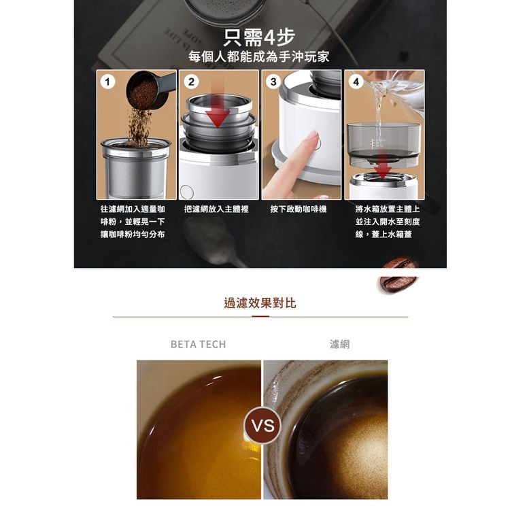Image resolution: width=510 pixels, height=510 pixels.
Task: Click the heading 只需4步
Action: (259, 37)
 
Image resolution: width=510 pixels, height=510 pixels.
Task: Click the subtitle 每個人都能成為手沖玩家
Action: (259, 56)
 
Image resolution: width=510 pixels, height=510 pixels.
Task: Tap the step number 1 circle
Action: (107, 82)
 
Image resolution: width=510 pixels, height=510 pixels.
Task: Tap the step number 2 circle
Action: (191, 82)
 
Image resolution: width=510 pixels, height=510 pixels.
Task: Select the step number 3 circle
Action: (273, 82)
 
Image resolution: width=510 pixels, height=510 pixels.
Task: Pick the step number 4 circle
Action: (356, 82)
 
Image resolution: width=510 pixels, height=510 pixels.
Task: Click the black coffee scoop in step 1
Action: (150, 90)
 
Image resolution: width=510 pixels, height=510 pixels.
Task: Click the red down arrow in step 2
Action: (218, 107)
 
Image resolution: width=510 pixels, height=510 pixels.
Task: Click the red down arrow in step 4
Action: (384, 166)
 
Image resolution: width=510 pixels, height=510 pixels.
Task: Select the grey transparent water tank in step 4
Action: (384, 143)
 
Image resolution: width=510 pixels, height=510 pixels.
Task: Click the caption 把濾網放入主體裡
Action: (216, 209)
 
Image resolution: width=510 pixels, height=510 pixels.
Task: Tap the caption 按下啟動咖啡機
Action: (299, 209)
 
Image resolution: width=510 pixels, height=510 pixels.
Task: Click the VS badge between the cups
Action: (262, 426)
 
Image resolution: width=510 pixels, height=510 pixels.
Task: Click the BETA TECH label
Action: (198, 344)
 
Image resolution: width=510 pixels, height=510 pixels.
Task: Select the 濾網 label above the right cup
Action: (339, 344)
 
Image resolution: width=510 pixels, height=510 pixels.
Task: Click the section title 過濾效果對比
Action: (260, 303)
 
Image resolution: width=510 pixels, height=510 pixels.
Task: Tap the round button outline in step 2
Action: (187, 192)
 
